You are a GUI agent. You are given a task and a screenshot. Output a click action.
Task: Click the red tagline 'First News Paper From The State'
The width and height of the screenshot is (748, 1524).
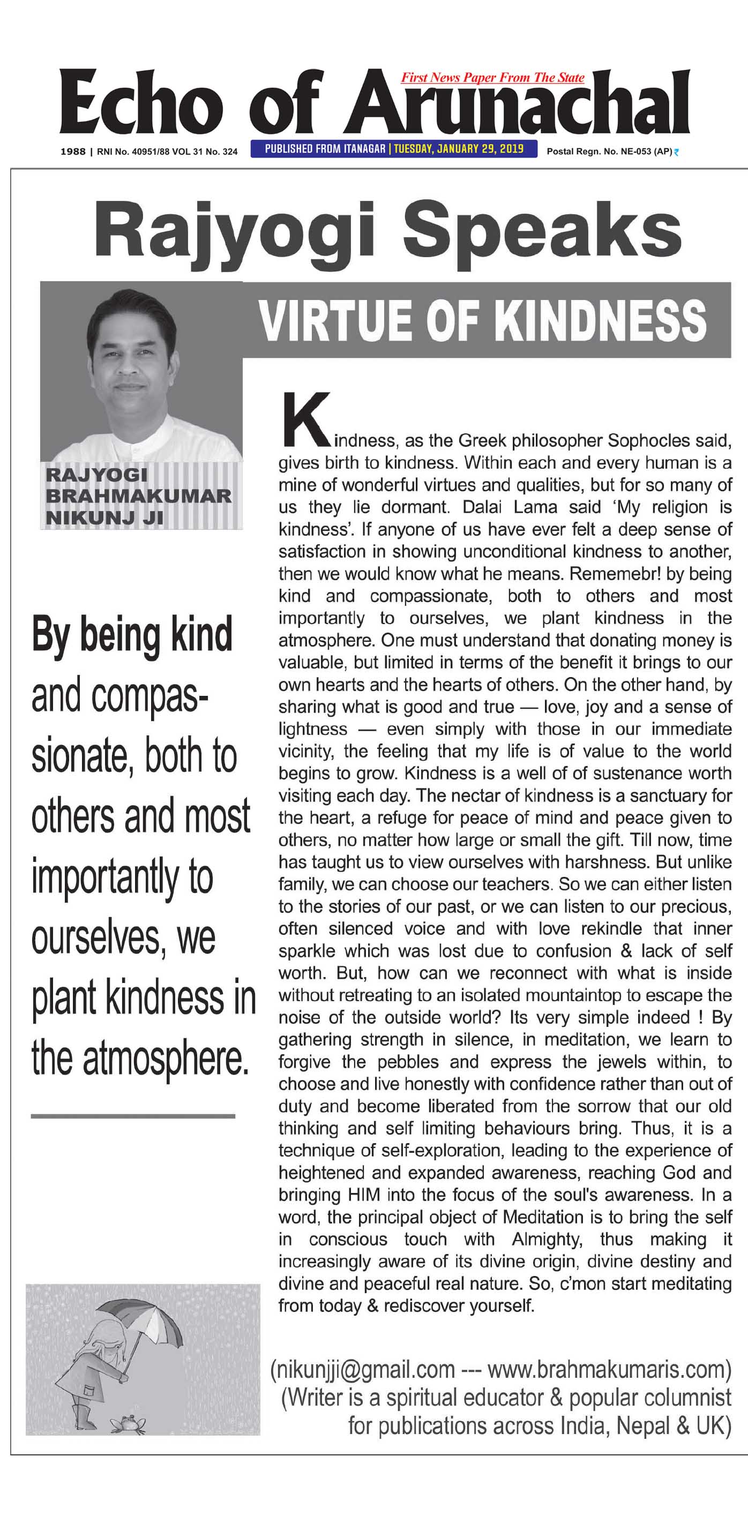coord(492,78)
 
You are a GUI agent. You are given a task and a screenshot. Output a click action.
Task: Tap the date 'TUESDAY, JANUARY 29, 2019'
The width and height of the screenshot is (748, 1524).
coord(459,148)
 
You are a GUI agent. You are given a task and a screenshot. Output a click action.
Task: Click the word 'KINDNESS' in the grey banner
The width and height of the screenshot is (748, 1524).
coord(601,321)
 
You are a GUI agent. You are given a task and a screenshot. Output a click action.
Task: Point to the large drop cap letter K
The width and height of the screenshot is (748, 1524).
coord(305,419)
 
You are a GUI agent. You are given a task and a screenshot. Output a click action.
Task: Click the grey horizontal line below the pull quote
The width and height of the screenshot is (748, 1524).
coord(133,1116)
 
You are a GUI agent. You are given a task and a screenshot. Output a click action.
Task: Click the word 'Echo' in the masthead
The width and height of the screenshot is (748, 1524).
coord(141,104)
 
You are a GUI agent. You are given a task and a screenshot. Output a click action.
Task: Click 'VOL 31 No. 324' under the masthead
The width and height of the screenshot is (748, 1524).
coord(205,152)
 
